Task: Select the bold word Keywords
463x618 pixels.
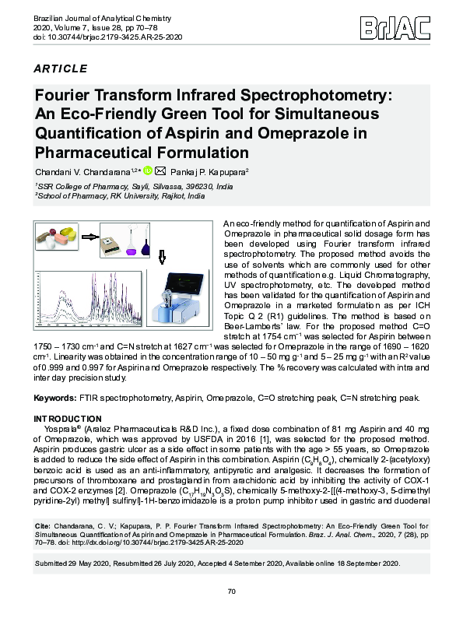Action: tap(55, 398)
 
